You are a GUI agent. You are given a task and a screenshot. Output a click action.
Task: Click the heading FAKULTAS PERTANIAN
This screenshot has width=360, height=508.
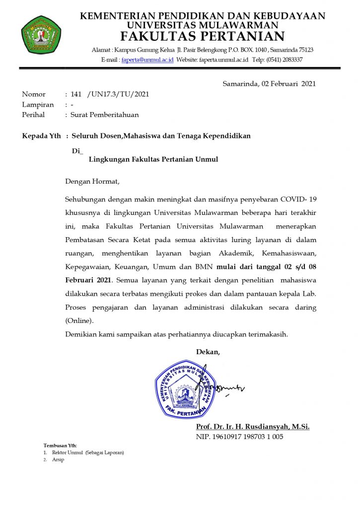tap(203, 37)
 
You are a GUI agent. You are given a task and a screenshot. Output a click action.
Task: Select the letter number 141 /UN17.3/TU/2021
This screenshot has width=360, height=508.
tap(110, 94)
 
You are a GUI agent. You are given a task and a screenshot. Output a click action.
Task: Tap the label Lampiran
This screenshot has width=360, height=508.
tap(38, 105)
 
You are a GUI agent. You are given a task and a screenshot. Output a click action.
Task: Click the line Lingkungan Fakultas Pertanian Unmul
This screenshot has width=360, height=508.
tap(153, 159)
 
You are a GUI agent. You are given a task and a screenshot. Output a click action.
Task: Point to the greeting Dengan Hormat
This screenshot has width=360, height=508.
tap(92, 182)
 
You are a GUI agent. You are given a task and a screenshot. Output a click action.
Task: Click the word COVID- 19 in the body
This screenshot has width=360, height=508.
tap(298, 199)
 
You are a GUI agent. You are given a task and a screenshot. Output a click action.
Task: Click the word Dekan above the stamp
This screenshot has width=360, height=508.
tap(208, 352)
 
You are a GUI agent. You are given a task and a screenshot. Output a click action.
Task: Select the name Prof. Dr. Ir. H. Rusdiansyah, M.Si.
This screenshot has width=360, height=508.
tap(253, 427)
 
